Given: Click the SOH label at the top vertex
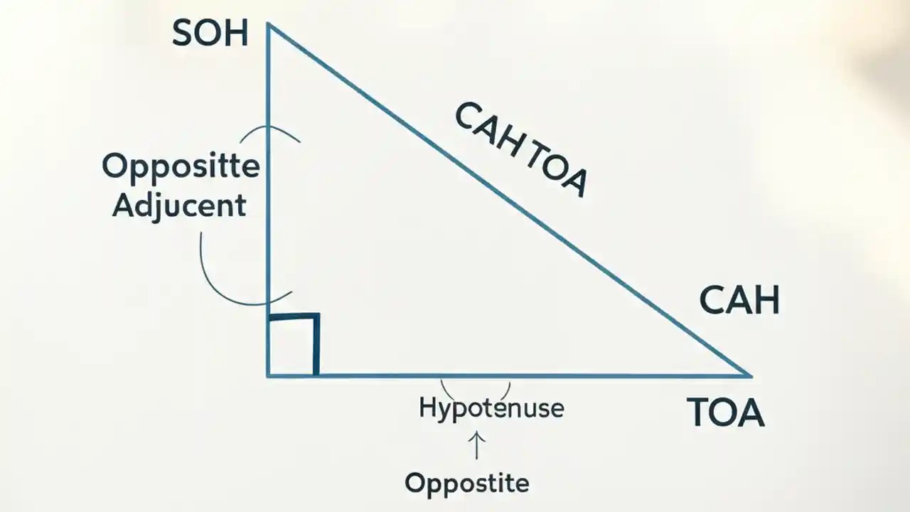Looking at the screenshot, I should pos(210,34).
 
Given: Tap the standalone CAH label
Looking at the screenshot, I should pos(739,301).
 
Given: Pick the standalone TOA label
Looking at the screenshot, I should pos(725,412).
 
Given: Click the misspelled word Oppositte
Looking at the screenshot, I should pos(181,168).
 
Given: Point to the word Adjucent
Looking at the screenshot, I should pos(179,205).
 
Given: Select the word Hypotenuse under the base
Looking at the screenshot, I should pos(491,409).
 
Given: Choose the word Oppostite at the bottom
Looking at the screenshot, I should pos(467,484).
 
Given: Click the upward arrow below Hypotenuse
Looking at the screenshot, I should pos(476,447).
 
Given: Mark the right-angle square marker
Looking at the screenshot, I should pos(294,344).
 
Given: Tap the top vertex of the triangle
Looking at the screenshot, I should pos(268,24).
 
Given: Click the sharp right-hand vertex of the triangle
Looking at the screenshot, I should pos(749,374).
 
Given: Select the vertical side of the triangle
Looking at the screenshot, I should pos(268,213).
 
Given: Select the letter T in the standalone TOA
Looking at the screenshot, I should pos(700,412).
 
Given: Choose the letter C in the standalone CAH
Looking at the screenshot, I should pos(713,301).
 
